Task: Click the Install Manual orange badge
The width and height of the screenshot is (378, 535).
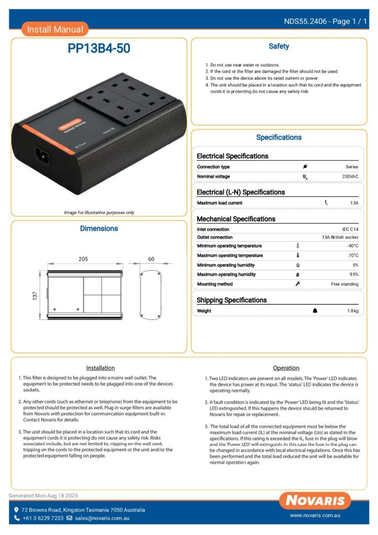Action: point(55,29)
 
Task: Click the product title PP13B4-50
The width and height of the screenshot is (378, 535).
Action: point(99,49)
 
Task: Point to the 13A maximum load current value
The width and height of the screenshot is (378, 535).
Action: point(354,203)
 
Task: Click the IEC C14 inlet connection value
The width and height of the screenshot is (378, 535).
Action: point(350,229)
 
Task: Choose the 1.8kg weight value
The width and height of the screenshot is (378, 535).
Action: point(353,311)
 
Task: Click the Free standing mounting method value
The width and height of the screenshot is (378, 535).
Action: point(345,284)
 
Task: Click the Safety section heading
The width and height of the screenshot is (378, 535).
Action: point(279,46)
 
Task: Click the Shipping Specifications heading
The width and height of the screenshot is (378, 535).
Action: point(231,300)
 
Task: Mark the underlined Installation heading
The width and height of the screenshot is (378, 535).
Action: point(100,368)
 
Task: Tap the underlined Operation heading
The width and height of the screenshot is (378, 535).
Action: point(286,368)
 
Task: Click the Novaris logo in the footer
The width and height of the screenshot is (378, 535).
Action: point(315,501)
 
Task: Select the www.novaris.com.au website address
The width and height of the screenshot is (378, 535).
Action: point(315,515)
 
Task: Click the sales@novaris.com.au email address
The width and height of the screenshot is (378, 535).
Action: point(102,518)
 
